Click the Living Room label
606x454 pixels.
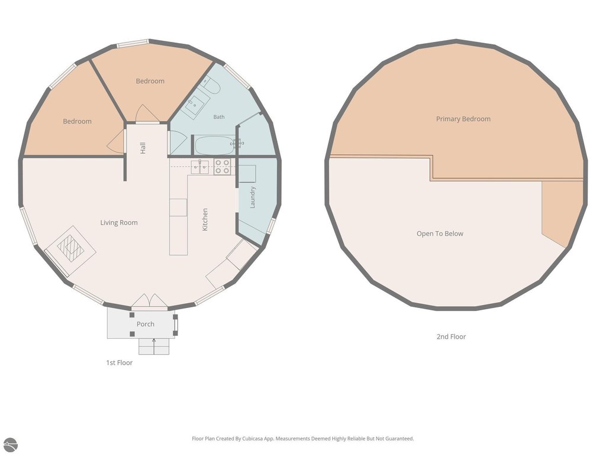[118, 222]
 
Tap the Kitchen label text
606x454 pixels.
[205, 220]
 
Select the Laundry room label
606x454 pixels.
[253, 197]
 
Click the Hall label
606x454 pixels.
[143, 148]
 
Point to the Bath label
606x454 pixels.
[219, 116]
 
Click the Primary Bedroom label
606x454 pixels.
[463, 119]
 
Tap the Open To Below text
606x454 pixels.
[440, 234]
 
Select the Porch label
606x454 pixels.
[146, 324]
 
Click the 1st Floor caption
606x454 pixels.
[120, 362]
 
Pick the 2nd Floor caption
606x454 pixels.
[451, 336]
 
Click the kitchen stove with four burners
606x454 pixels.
[223, 167]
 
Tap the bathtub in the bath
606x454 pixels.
[214, 145]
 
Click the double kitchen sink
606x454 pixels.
[200, 167]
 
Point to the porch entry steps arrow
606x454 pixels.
[154, 346]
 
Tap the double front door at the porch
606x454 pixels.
[149, 302]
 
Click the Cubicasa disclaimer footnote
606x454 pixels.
[303, 439]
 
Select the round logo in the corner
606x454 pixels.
[10, 445]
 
